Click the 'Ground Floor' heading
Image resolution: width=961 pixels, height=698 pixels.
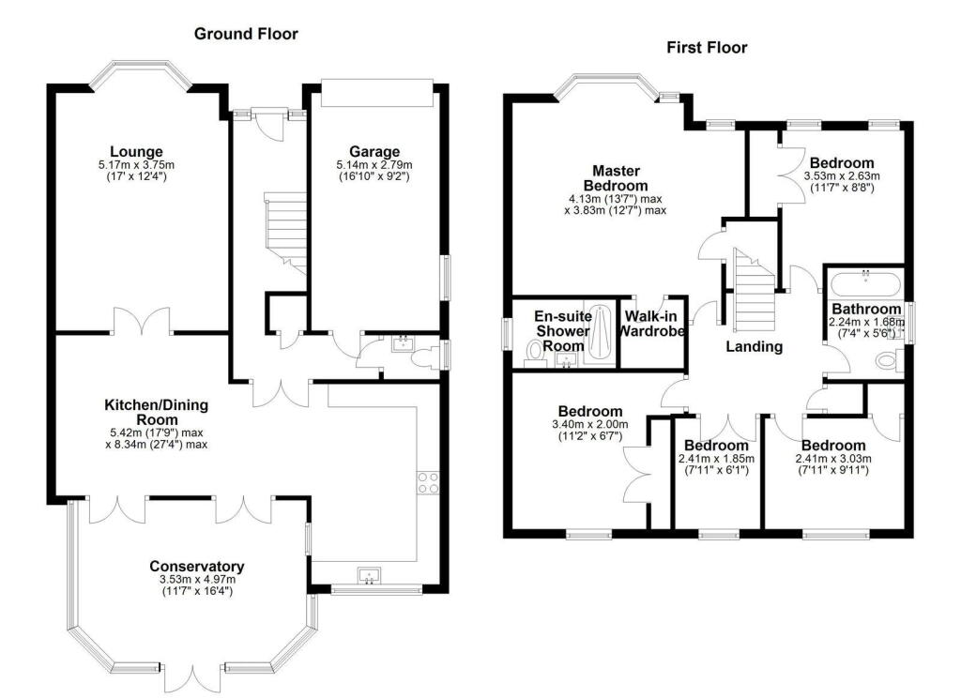coord(246,34)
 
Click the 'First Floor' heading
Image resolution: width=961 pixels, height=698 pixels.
coord(707,47)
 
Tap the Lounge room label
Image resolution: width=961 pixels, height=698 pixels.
coord(136,152)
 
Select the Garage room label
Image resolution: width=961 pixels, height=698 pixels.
coord(374,152)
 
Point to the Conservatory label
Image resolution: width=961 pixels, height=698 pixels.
coord(197,567)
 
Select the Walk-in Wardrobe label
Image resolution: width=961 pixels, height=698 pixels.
coord(655,324)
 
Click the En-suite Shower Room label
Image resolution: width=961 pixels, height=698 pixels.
coord(562,331)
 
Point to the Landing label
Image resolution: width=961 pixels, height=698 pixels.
coord(755,347)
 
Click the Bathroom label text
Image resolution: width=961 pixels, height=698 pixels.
coord(865,310)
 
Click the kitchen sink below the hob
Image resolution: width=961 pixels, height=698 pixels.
coord(367,575)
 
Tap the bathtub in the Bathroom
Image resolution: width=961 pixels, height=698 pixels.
coord(865,282)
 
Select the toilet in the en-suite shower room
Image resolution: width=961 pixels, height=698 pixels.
coord(535,351)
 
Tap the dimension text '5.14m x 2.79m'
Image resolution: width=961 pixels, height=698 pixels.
coord(374,166)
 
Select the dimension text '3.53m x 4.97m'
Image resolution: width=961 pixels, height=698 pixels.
coord(197,581)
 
